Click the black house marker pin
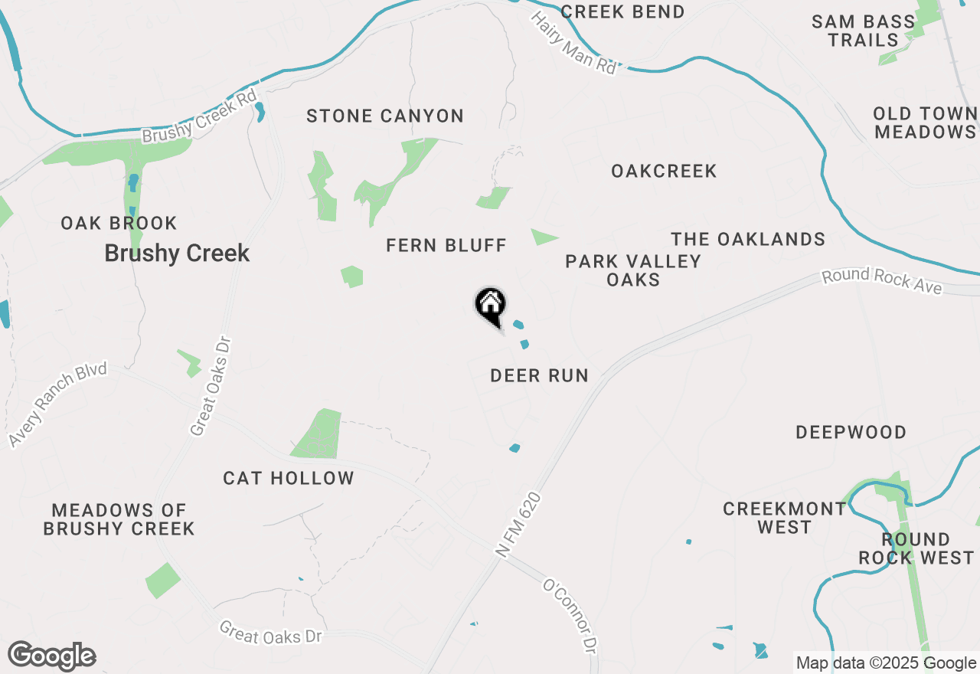[490, 305]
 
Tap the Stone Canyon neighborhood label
[385, 116]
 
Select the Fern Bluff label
[446, 245]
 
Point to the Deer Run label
[539, 375]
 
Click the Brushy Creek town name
[177, 254]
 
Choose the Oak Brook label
[119, 223]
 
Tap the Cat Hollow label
[289, 478]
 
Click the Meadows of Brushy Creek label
[119, 519]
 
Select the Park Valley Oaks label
[633, 270]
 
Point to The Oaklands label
[748, 239]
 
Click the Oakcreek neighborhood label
[664, 171]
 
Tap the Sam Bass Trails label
[863, 31]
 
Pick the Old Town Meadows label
[925, 123]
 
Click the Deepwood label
[851, 432]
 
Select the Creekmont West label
[785, 518]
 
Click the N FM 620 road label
[518, 525]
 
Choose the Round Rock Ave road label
[881, 280]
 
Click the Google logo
[51, 656]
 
